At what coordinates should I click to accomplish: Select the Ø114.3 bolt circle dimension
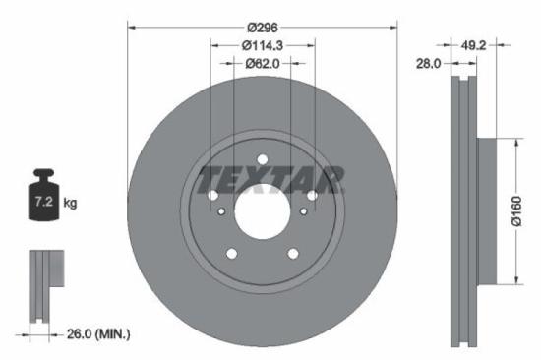(263, 45)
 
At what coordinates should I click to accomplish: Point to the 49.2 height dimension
(473, 45)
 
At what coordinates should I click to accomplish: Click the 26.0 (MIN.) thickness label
(94, 334)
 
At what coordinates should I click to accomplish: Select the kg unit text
(70, 204)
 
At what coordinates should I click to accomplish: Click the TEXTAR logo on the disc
(271, 180)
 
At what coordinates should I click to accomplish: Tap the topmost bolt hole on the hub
(263, 160)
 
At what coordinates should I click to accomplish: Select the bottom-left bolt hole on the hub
(232, 254)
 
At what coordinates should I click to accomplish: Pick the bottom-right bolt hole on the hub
(292, 254)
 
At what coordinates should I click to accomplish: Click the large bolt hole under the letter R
(313, 196)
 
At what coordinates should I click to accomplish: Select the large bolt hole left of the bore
(213, 196)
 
